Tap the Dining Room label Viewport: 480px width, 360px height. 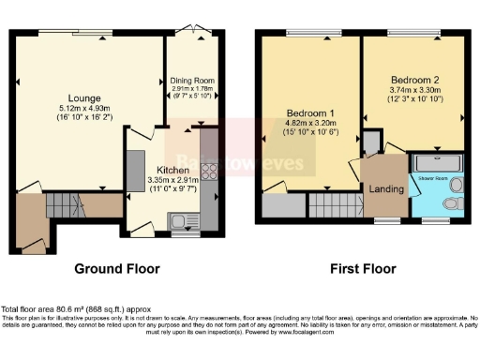[192, 81]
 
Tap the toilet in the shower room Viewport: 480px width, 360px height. [454, 203]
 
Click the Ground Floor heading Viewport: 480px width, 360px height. [117, 269]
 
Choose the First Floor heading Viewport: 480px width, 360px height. [359, 269]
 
